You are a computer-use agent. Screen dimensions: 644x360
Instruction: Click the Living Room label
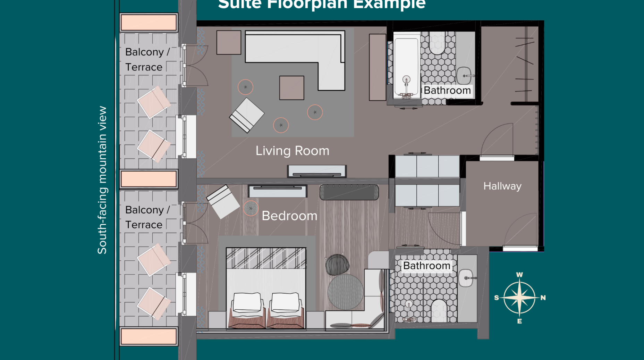point(292,151)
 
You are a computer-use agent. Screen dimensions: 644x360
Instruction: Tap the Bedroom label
point(289,216)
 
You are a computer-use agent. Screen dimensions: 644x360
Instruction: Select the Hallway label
point(502,186)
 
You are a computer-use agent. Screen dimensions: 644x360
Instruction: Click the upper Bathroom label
point(447,90)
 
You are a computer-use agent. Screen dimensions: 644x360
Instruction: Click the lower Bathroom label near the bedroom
point(427,266)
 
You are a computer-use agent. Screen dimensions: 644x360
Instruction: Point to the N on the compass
point(543,298)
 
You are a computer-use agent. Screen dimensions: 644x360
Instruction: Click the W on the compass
point(519,275)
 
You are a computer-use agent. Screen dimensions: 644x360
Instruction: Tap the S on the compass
point(497,298)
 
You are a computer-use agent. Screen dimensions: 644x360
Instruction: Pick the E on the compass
point(519,321)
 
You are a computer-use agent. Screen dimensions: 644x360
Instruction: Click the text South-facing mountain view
point(102,180)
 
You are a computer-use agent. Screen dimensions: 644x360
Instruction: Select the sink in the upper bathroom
point(464,76)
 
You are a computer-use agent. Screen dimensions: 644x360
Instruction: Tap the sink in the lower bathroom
point(466,278)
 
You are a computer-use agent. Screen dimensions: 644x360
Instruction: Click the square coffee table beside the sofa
point(291,88)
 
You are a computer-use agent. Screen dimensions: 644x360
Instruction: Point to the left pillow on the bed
point(247,302)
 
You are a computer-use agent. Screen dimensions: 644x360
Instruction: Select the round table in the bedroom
point(346,292)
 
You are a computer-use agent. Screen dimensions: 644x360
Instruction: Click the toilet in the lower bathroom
point(439,310)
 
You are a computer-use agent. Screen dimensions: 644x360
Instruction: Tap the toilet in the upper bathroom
point(437,43)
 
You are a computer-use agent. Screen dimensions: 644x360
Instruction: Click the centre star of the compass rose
point(519,298)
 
